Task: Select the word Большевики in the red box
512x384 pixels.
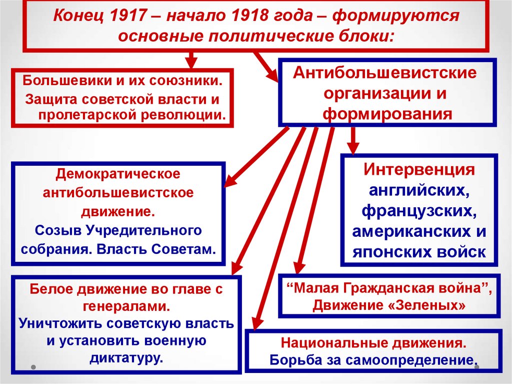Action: pyautogui.click(x=67, y=81)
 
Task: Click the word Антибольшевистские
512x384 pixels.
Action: pyautogui.click(x=385, y=73)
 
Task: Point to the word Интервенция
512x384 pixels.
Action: pyautogui.click(x=419, y=169)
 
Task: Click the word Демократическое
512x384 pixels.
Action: pyautogui.click(x=118, y=173)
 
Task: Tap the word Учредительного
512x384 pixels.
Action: pyautogui.click(x=144, y=231)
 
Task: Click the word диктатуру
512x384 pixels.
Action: pyautogui.click(x=126, y=357)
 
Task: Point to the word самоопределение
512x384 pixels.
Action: pyautogui.click(x=409, y=360)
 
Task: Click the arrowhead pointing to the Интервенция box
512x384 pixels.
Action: pyautogui.click(x=352, y=148)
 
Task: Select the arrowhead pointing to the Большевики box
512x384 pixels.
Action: pyautogui.click(x=191, y=63)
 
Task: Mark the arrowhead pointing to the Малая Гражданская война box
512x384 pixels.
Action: pyautogui.click(x=299, y=267)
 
